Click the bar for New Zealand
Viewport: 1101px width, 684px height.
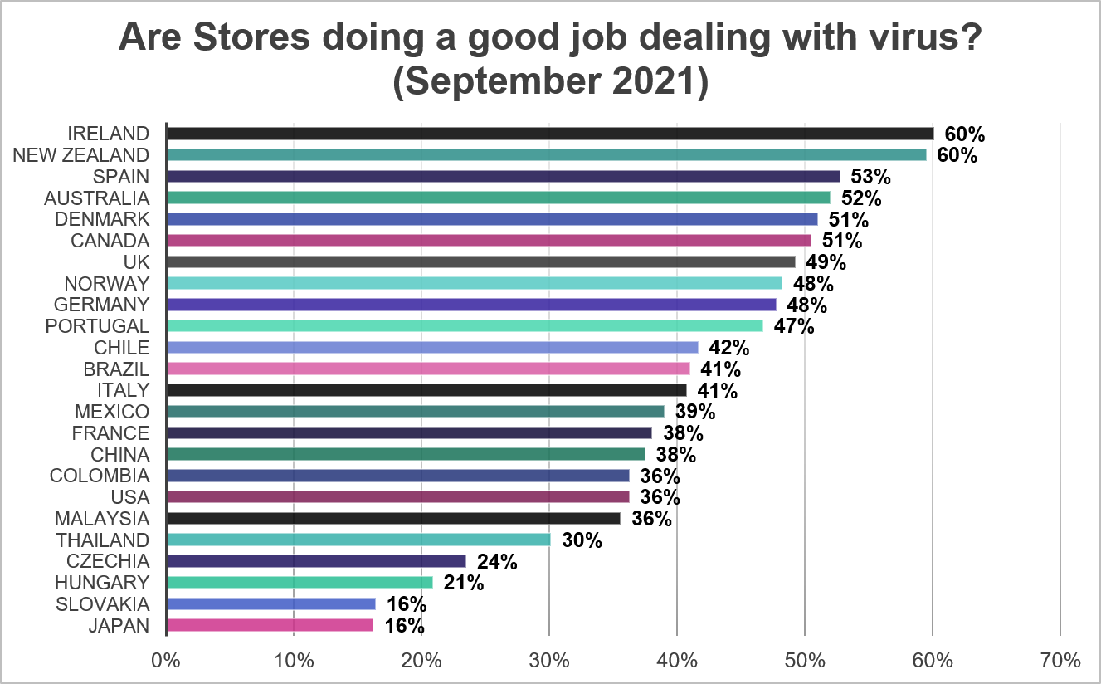546,154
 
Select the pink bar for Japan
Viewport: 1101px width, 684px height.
270,625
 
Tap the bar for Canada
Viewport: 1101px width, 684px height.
489,240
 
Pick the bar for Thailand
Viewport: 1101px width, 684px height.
358,540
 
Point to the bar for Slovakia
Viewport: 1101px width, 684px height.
271,603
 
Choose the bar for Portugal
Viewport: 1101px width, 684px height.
465,325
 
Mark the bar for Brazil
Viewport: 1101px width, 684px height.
428,369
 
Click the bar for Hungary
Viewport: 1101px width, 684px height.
300,582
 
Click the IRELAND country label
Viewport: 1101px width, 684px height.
109,134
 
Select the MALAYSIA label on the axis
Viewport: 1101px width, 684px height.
102,519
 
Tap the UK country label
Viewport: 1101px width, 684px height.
135,262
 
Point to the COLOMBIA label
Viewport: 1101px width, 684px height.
100,476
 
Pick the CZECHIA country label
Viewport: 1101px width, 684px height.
109,561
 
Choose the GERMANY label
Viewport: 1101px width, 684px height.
102,305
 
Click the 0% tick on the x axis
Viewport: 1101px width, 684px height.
166,662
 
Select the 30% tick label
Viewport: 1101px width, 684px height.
549,662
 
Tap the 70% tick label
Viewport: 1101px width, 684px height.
1060,662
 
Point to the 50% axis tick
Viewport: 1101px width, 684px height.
805,662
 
